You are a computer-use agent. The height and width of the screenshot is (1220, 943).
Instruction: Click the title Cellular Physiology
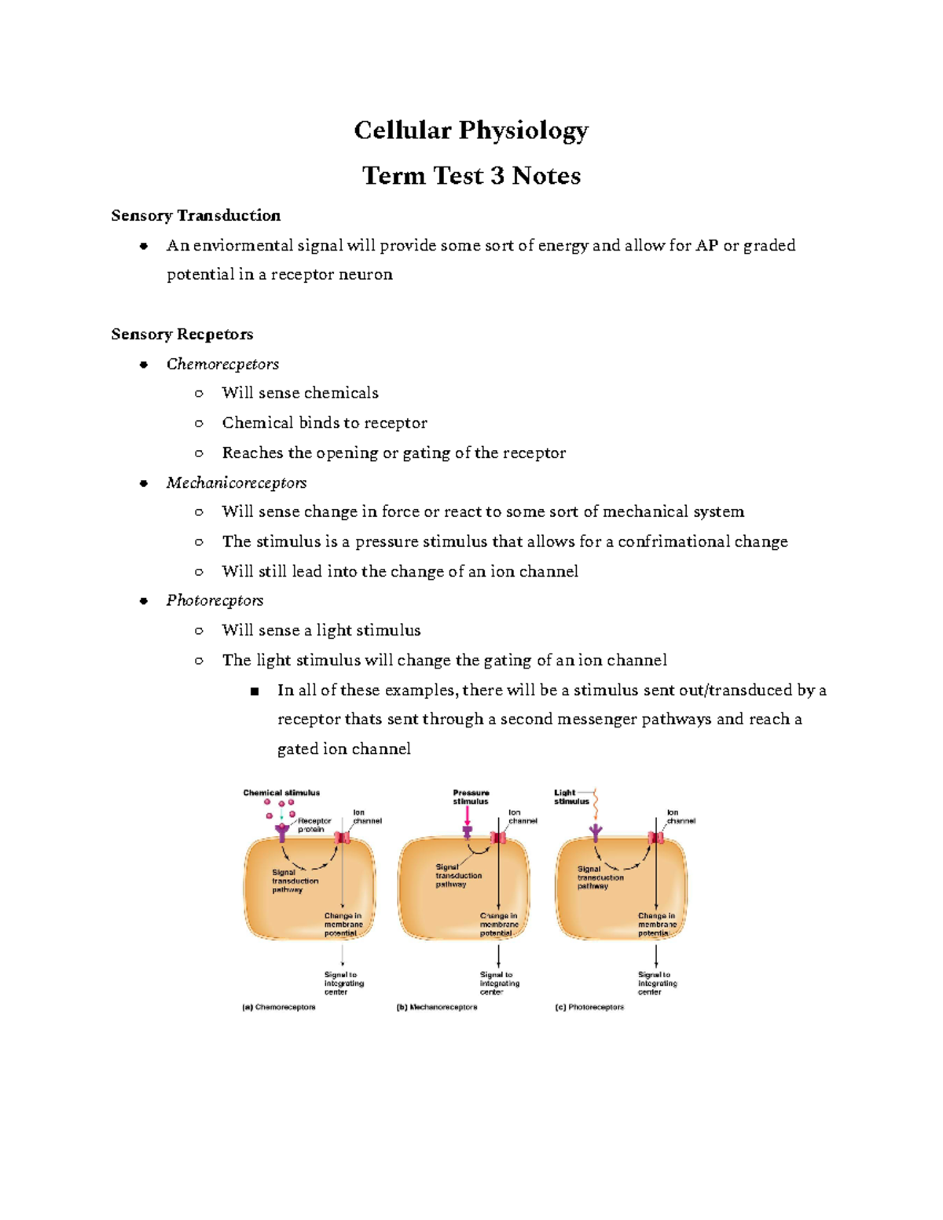(x=471, y=130)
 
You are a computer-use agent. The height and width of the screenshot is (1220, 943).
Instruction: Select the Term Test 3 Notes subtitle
(x=471, y=176)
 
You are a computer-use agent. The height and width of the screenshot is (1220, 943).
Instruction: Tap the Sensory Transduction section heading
(x=196, y=216)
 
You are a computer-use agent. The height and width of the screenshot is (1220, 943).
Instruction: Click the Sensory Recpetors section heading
(x=182, y=335)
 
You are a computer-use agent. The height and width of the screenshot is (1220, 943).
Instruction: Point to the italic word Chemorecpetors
(x=222, y=365)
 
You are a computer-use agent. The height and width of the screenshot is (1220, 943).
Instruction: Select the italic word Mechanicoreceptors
(x=236, y=483)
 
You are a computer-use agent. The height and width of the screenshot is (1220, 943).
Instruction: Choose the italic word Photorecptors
(x=215, y=601)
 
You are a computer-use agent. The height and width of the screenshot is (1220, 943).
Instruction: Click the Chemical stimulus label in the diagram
(x=281, y=793)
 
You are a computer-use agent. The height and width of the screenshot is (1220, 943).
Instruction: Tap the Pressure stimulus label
(x=471, y=797)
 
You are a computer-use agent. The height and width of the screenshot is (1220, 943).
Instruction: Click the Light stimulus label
(x=571, y=797)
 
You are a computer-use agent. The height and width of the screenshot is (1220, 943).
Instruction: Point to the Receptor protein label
(x=314, y=825)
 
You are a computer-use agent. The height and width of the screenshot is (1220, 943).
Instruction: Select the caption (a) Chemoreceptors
(x=279, y=1007)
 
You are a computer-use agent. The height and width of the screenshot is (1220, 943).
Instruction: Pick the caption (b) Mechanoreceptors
(x=437, y=1007)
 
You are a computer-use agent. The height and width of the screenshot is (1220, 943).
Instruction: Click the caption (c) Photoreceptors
(x=589, y=1007)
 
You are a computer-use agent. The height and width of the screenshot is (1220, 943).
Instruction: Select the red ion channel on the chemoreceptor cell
(x=343, y=838)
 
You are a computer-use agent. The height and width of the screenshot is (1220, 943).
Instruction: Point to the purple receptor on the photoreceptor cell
(x=596, y=832)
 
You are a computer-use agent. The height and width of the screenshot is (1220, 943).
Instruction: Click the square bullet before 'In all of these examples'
(x=254, y=691)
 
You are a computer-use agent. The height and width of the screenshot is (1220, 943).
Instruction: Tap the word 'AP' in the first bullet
(x=706, y=246)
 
